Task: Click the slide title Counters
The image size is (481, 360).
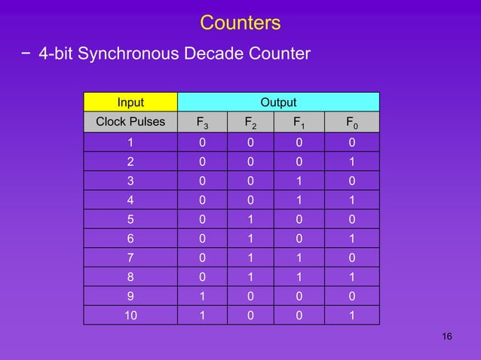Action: click(240, 23)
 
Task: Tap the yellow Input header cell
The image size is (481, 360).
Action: click(130, 102)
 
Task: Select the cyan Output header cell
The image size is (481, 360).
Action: click(278, 102)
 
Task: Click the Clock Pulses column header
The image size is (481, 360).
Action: click(130, 122)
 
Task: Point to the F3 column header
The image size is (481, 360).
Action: click(203, 122)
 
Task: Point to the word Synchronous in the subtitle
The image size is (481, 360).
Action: click(124, 54)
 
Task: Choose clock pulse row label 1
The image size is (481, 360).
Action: click(130, 142)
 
